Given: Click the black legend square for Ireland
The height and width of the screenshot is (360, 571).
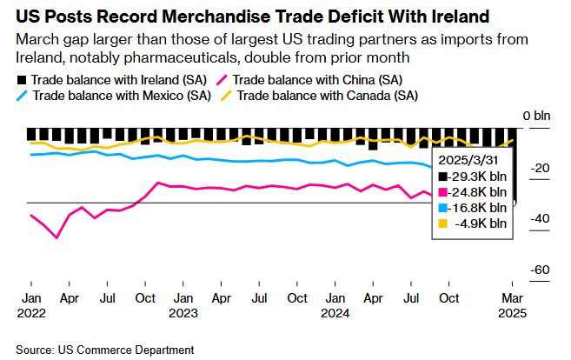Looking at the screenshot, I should click(22, 79).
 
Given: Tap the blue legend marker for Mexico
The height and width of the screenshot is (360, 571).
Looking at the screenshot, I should click(23, 96).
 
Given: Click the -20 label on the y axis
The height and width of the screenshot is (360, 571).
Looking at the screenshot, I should click(540, 168).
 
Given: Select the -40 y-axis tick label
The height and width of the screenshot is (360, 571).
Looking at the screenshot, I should click(540, 218).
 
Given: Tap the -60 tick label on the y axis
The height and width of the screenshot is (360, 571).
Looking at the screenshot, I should click(540, 270).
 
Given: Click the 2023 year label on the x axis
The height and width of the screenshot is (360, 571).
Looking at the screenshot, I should click(183, 311).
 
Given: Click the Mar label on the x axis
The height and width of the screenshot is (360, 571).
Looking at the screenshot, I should click(513, 297).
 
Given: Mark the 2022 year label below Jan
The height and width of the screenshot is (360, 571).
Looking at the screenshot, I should click(31, 311).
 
